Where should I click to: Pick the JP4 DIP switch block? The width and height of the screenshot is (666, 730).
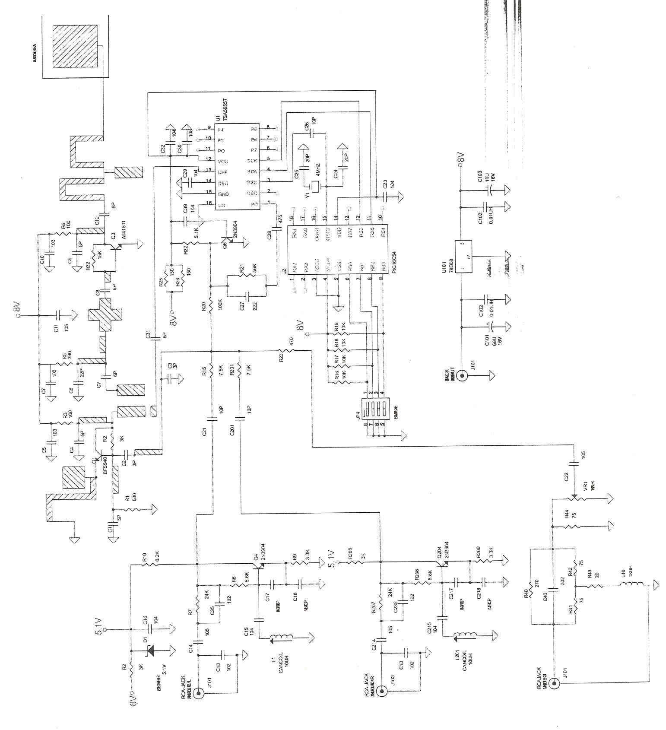[x=373, y=409]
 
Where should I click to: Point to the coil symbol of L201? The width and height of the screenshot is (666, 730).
[x=466, y=635]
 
